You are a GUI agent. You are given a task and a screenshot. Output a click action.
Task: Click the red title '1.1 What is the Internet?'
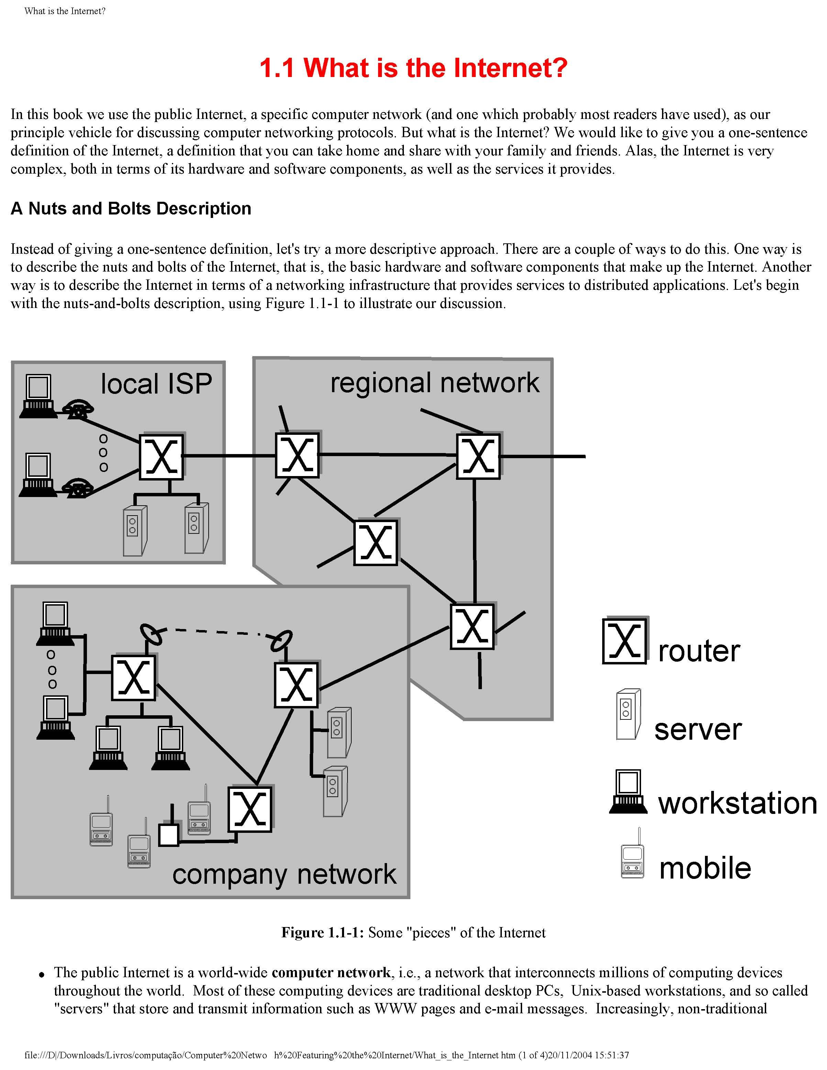tap(413, 68)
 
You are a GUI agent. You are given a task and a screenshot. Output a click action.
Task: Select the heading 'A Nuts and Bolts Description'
tap(131, 209)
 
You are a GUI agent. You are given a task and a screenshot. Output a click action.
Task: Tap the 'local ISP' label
tap(156, 384)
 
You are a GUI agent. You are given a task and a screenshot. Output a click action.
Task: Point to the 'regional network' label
tap(434, 383)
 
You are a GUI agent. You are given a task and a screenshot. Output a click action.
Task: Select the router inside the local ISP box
tap(162, 456)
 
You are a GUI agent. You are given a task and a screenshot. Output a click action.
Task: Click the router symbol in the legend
tap(624, 641)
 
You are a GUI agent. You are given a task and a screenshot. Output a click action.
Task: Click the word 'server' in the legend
tap(698, 729)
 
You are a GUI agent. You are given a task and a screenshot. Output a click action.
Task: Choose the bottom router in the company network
tap(250, 809)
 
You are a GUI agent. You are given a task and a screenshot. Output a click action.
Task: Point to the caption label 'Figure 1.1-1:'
tap(322, 932)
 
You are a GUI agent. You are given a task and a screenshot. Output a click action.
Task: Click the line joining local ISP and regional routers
tap(228, 456)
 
